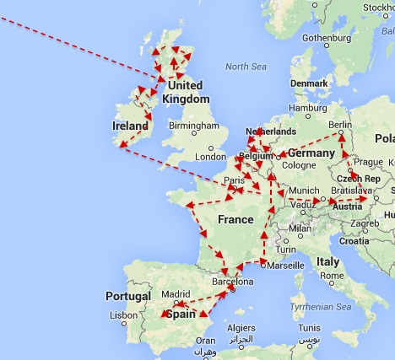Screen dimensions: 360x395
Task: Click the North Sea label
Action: click(x=245, y=66)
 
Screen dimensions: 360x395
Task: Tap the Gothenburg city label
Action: click(x=326, y=38)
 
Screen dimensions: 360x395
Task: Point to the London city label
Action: click(x=210, y=156)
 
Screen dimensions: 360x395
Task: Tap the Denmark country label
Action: click(x=309, y=83)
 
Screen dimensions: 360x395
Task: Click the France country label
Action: click(x=235, y=219)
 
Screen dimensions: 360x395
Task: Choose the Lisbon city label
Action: click(x=123, y=314)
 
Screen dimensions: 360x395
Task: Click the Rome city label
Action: click(x=330, y=275)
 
